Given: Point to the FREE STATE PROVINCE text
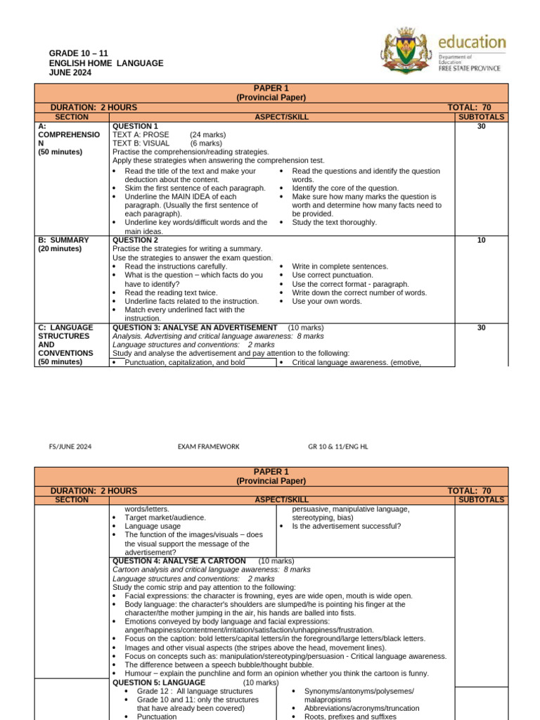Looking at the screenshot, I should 470,68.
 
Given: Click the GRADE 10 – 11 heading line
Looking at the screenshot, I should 77,54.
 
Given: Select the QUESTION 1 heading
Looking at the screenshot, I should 135,127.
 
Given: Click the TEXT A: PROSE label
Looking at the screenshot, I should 141,135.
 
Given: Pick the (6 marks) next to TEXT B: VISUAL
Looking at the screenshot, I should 206,143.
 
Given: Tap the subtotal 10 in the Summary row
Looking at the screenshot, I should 481,240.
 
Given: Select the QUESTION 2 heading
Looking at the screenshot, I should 135,240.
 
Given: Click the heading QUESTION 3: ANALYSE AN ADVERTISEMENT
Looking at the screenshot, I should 195,328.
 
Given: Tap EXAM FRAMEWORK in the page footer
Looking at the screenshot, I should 208,446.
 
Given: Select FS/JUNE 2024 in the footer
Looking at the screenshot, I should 70,446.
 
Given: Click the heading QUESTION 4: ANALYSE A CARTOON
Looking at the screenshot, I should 179,561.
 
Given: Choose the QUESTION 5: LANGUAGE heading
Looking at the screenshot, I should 159,682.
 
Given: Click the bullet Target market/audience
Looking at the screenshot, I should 165,517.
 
